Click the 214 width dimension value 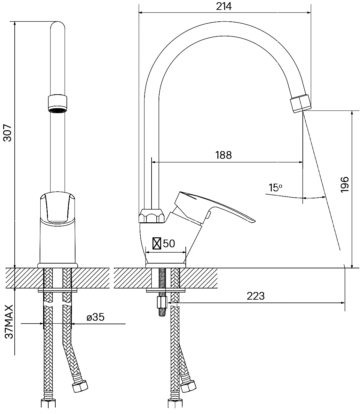224,6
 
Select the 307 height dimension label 8,133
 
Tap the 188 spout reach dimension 223,155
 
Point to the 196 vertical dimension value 345,185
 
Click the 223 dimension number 255,296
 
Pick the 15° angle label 275,188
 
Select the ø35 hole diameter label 95,317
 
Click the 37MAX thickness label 9,322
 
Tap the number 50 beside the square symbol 169,243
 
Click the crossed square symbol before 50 157,243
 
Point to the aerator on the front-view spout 58,103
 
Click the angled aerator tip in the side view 301,103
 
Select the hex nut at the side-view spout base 152,216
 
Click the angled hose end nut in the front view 80,386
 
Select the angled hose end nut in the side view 188,386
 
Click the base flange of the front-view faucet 58,265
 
